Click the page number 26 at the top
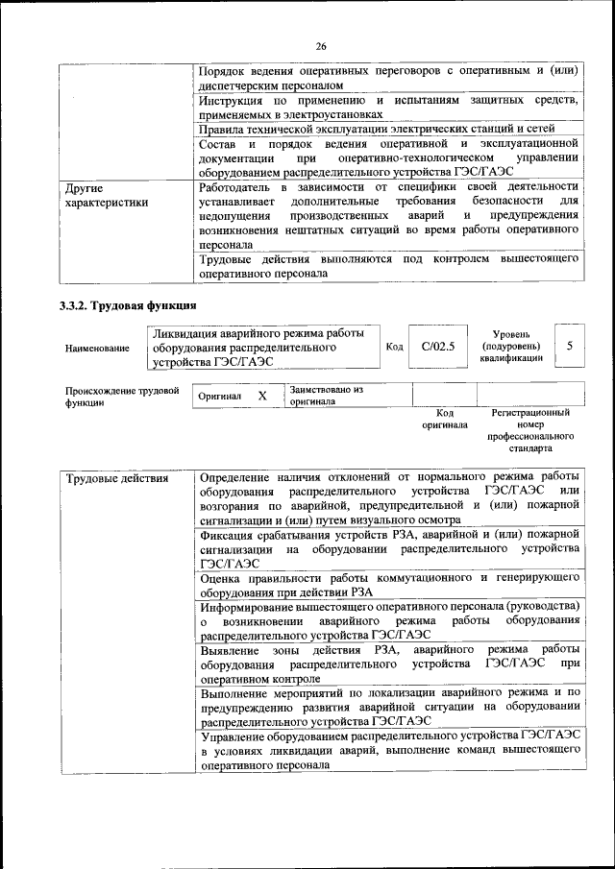pos(321,45)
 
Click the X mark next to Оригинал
pos(261,396)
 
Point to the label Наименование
pos(97,349)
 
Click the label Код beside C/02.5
pos(394,347)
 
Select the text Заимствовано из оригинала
pos(326,396)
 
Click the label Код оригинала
pos(444,418)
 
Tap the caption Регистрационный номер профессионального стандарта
pos(530,429)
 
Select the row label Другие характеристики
pos(107,195)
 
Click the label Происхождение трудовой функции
pos(122,398)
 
